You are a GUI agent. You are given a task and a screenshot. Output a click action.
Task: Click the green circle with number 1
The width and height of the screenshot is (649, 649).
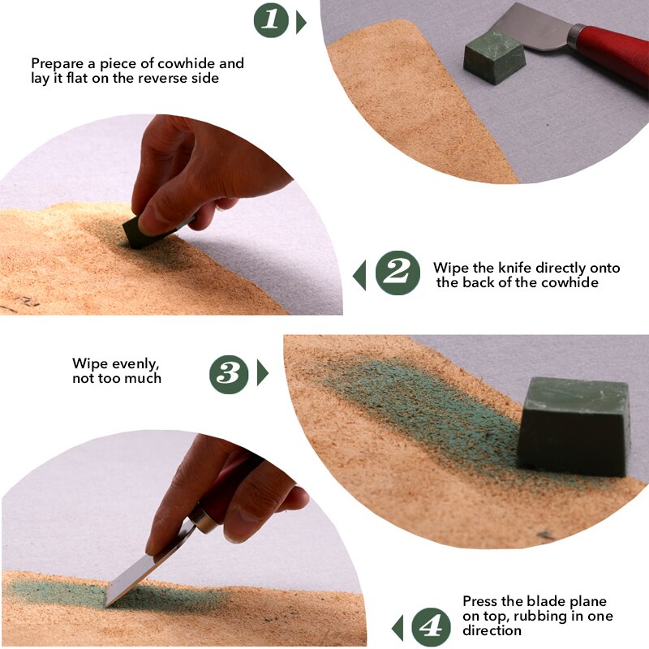pos(272,20)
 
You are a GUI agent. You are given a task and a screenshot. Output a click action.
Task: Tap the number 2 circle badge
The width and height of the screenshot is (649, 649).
pos(398,273)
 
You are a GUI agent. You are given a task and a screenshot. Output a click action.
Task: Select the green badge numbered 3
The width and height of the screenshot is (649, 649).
pos(229,373)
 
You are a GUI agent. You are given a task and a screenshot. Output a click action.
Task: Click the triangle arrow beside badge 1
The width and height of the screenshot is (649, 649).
pos(301,22)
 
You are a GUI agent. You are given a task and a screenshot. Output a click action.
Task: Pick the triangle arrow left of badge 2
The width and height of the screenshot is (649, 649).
pos(359,275)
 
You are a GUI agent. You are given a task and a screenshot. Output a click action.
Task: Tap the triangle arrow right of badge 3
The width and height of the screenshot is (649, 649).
pos(261,373)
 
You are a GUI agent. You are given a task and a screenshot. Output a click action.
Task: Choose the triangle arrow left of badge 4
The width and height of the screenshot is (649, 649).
pos(397,627)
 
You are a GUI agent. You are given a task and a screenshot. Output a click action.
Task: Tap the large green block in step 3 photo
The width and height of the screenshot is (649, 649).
pos(574,426)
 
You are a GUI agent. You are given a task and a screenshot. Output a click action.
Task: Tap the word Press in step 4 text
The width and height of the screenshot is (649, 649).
pos(480,601)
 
